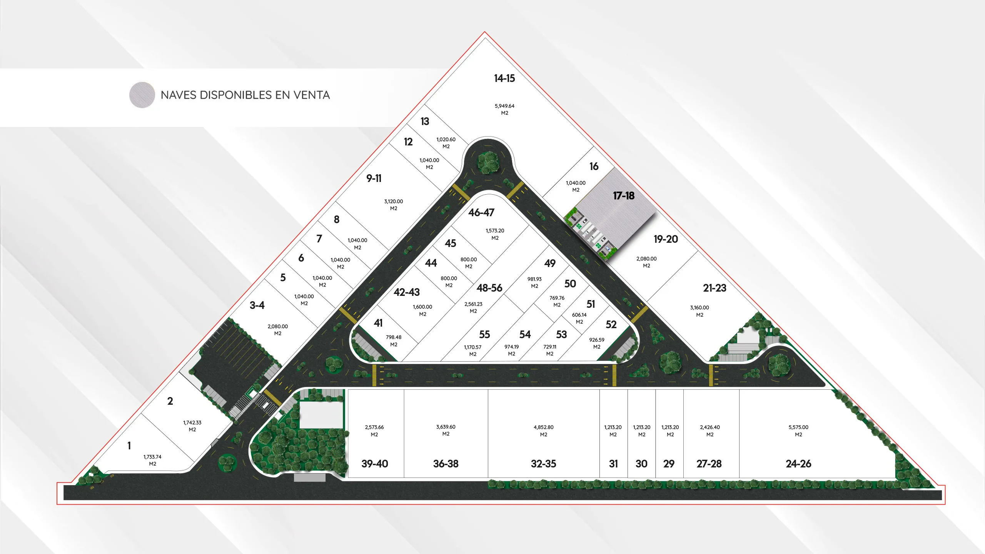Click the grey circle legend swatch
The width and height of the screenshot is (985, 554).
(x=142, y=95)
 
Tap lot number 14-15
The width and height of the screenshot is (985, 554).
(x=504, y=78)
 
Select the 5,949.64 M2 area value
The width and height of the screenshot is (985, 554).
(x=504, y=109)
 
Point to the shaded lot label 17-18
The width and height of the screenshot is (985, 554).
(x=623, y=196)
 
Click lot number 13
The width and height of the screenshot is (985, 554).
(x=425, y=122)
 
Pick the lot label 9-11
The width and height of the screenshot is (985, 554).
(x=374, y=179)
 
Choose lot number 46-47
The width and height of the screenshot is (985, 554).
(x=481, y=213)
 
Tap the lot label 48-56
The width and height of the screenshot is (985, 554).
(x=489, y=288)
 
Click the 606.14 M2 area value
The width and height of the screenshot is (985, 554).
(x=579, y=318)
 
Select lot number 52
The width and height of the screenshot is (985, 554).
(x=611, y=325)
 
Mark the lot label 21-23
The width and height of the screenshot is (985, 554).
(x=715, y=288)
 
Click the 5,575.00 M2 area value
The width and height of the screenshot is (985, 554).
(x=798, y=431)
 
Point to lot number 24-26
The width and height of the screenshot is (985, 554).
(x=798, y=464)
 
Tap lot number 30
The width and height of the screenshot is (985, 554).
(x=641, y=464)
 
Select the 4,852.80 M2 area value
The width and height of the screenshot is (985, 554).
(x=543, y=431)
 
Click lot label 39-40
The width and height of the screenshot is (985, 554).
(x=375, y=464)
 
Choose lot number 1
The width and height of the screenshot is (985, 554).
(x=129, y=446)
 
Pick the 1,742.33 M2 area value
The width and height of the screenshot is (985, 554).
(x=192, y=426)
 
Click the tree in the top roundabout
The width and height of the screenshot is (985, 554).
(x=488, y=162)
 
